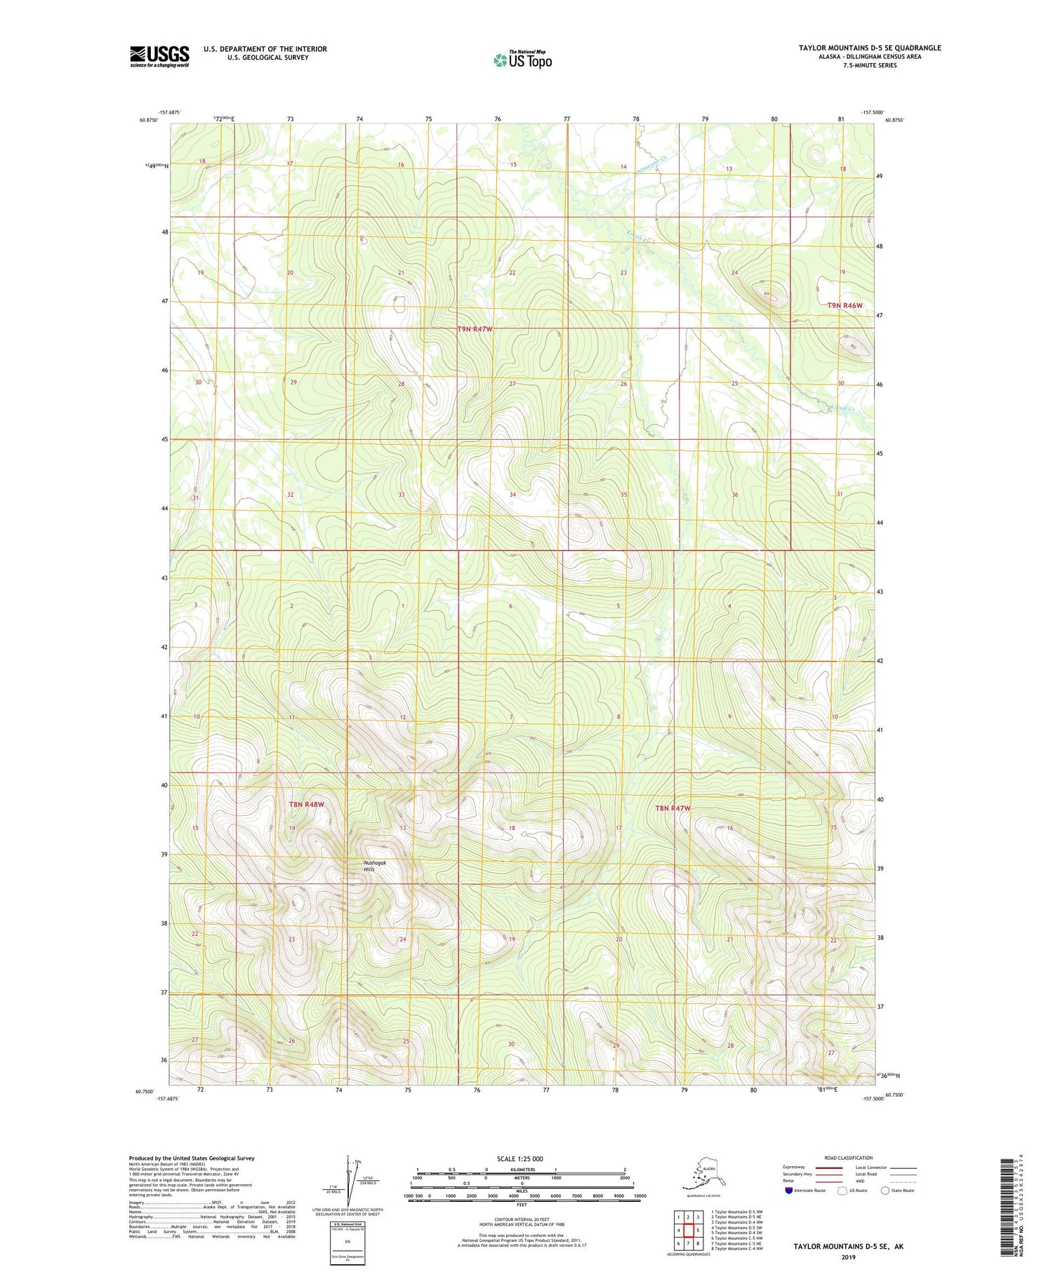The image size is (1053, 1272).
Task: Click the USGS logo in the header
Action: point(159,55)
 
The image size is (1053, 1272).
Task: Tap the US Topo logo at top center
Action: point(522,59)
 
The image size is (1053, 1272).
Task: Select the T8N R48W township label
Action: point(307,804)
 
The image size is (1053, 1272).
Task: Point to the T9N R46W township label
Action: point(845,306)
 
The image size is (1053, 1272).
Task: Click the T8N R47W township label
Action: point(673,808)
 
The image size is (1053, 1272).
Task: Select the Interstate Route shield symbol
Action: point(788,1190)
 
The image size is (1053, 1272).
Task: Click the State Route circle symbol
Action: point(885,1190)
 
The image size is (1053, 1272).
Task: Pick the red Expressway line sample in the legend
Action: point(828,1167)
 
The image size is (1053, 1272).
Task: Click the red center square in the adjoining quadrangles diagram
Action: point(688,1230)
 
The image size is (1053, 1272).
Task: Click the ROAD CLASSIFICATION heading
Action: point(849,1158)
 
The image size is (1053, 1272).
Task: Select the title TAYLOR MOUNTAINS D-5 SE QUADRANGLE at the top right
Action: point(869,48)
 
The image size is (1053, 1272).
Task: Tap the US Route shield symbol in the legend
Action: point(842,1190)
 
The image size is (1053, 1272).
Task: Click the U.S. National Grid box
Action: point(347,1242)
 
